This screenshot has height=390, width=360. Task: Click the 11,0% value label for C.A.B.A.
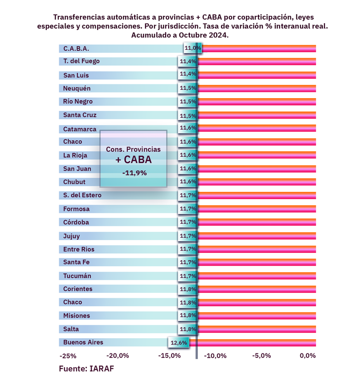click(192, 48)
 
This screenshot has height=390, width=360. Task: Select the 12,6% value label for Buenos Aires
click(179, 343)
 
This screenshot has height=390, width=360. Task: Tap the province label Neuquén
click(77, 88)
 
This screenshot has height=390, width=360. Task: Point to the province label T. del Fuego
click(81, 61)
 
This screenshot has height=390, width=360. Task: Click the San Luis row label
click(76, 75)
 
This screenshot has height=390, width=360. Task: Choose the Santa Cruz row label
click(79, 115)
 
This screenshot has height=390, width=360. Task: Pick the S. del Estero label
click(82, 195)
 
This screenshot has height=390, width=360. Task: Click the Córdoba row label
click(76, 222)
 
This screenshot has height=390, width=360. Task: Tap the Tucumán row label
click(77, 276)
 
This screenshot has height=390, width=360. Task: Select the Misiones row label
click(76, 316)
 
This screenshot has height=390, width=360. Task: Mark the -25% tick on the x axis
click(68, 356)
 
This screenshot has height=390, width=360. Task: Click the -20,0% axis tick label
click(118, 355)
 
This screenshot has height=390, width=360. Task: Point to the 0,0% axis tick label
click(308, 355)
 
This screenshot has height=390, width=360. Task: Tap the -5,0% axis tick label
click(261, 355)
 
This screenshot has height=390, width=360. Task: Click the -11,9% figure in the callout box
click(134, 173)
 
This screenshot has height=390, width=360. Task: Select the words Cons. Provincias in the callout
click(133, 149)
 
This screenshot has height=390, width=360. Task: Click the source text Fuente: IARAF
click(86, 369)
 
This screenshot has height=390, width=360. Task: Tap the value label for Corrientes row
click(188, 289)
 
